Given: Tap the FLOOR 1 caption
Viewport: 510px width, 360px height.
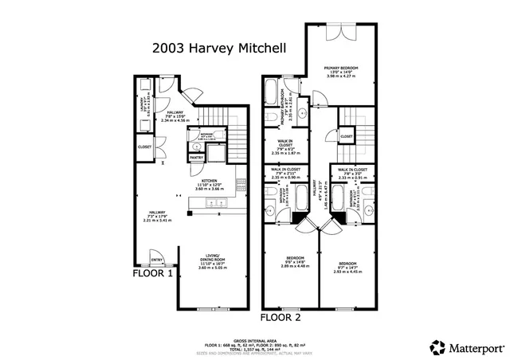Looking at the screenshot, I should (x=153, y=273).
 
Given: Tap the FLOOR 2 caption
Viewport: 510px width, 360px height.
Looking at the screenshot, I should (x=280, y=317).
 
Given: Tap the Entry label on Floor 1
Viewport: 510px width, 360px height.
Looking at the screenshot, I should (x=156, y=260).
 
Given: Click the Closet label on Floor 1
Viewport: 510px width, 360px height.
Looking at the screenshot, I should (x=145, y=147).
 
